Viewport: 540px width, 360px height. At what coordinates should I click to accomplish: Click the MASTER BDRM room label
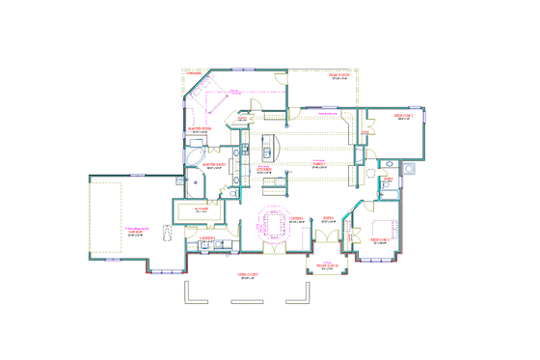(199, 128)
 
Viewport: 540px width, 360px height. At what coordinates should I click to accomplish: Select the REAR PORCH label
(338, 75)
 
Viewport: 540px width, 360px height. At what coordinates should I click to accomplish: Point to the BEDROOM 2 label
(403, 115)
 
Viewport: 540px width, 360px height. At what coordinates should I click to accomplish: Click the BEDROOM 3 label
(380, 237)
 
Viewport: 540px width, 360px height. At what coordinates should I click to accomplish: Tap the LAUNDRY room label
(207, 237)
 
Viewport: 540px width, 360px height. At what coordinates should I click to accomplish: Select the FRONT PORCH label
(320, 267)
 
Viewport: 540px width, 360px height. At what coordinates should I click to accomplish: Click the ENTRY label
(328, 218)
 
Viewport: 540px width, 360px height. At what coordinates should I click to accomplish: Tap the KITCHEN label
(264, 172)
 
